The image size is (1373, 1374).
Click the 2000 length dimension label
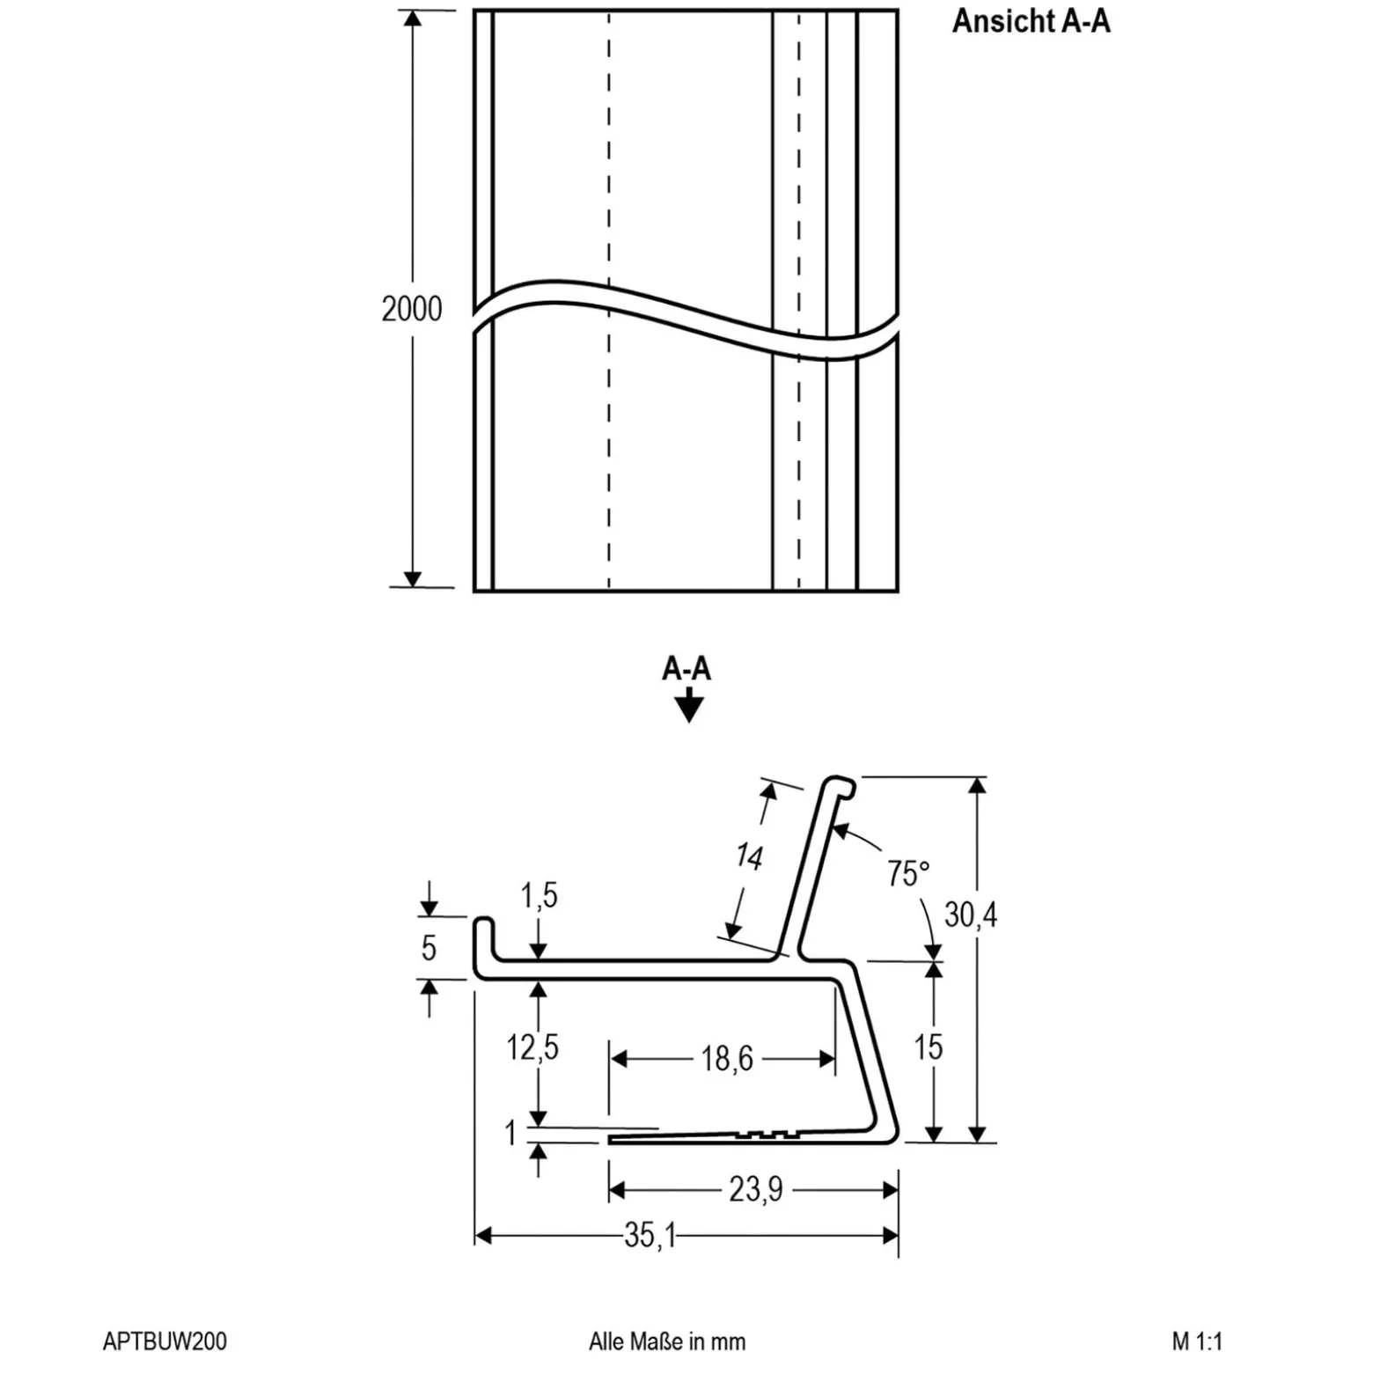412,309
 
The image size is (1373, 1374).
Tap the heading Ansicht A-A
1031,21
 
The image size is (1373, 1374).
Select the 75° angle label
908,873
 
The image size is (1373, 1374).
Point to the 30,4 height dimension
971,915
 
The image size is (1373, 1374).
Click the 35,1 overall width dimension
650,1236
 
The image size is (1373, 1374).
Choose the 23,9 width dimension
755,1190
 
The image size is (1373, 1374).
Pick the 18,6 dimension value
727,1058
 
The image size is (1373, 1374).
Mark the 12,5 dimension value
532,1047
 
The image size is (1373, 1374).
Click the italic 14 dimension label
749,856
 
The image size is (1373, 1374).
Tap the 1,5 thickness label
539,896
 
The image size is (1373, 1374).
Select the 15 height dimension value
928,1047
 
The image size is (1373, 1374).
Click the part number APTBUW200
165,1341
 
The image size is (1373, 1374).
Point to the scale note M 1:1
1197,1341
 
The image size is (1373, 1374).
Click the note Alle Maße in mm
667,1341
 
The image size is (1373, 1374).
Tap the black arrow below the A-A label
688,705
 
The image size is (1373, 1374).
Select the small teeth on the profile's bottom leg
768,1134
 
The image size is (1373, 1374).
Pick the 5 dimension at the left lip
429,948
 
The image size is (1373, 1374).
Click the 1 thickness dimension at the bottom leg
510,1133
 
